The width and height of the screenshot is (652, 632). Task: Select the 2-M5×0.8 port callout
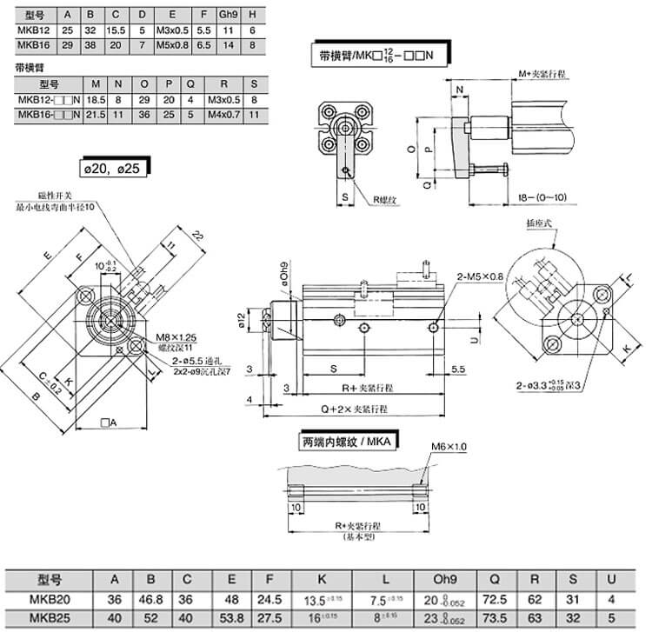tap(480, 276)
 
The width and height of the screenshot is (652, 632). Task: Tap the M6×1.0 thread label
tap(449, 447)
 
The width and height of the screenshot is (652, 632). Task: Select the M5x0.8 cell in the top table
tap(171, 44)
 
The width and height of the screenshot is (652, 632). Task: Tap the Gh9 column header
tap(227, 16)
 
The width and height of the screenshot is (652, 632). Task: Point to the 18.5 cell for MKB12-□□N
tap(97, 99)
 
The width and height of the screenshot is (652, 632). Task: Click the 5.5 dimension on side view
tap(459, 369)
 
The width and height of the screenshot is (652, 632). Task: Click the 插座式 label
tap(539, 223)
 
